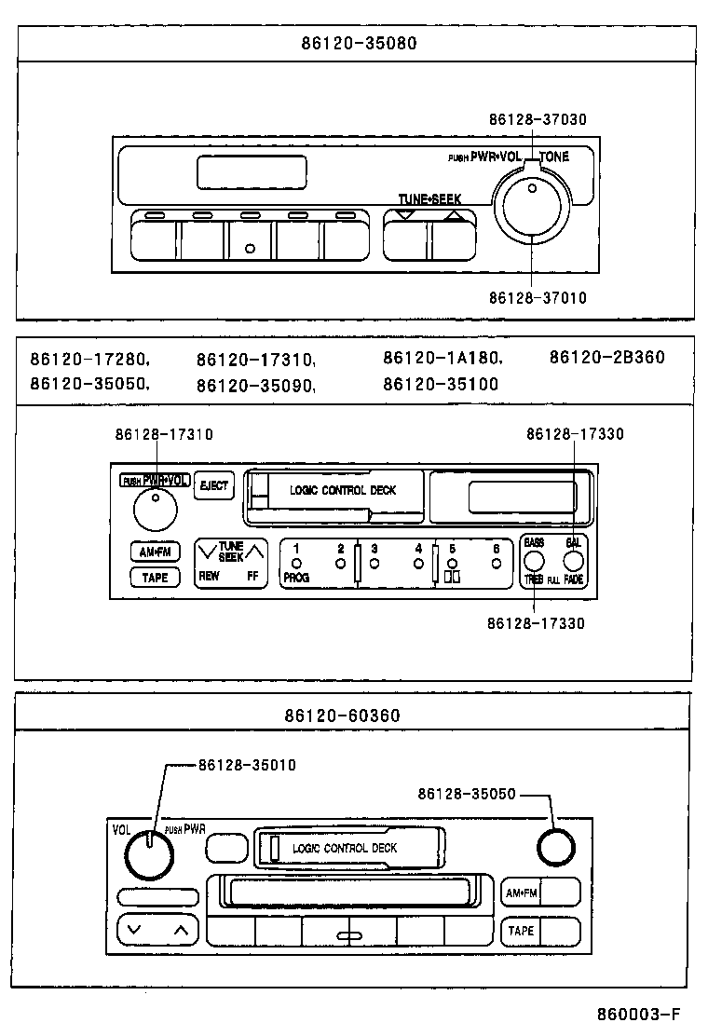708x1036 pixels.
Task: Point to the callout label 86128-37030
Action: click(538, 119)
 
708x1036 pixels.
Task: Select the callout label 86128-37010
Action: click(538, 298)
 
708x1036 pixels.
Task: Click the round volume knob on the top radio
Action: click(532, 203)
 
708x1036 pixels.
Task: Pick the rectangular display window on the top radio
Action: click(252, 172)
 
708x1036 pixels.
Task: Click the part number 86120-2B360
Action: click(606, 358)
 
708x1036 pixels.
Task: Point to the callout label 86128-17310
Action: click(164, 434)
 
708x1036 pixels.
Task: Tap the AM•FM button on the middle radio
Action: click(155, 552)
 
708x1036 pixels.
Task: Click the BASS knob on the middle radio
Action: click(534, 561)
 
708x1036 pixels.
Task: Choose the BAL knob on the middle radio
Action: click(573, 561)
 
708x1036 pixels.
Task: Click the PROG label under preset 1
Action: click(295, 578)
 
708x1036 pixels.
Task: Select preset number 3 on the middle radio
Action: click(374, 550)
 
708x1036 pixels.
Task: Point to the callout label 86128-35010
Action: click(247, 766)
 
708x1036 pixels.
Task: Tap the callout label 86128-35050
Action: click(466, 794)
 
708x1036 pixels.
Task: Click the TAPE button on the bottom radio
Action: click(522, 931)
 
